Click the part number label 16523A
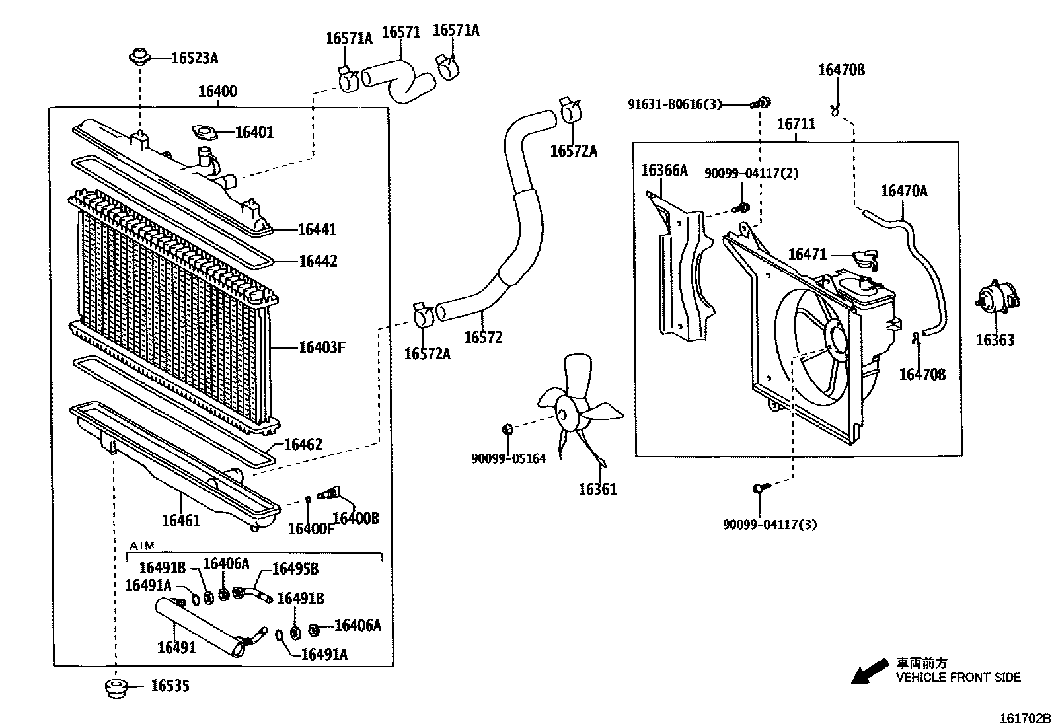pyautogui.click(x=194, y=58)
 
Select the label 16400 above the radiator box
pyautogui.click(x=217, y=92)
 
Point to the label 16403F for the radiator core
pyautogui.click(x=322, y=347)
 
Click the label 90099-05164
pyautogui.click(x=508, y=458)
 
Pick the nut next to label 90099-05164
pyautogui.click(x=507, y=430)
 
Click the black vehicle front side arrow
pyautogui.click(x=870, y=671)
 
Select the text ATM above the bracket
pyautogui.click(x=141, y=546)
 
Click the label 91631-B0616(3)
pyautogui.click(x=674, y=104)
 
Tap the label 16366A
pyautogui.click(x=664, y=171)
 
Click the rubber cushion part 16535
pyautogui.click(x=117, y=687)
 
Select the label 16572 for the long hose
pyautogui.click(x=483, y=338)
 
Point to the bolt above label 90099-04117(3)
pyautogui.click(x=759, y=489)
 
